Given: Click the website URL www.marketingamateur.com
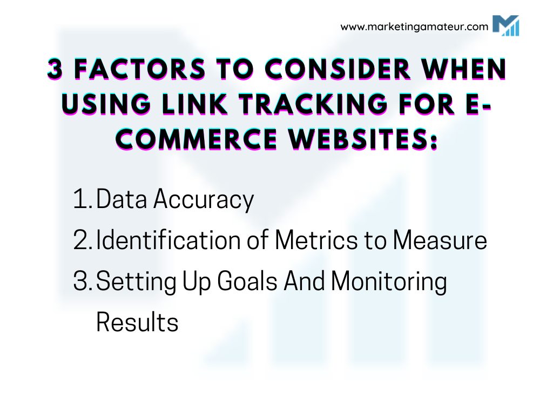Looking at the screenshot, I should (x=414, y=26).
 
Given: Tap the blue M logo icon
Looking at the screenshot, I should (x=505, y=25).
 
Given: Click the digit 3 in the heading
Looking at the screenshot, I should (x=55, y=70).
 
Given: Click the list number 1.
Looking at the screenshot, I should (x=82, y=200).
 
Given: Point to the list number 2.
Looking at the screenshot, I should (x=83, y=241).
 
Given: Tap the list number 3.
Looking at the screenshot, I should (x=83, y=282).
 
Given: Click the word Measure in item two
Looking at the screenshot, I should (x=440, y=241).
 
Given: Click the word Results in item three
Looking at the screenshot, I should (x=137, y=323).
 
